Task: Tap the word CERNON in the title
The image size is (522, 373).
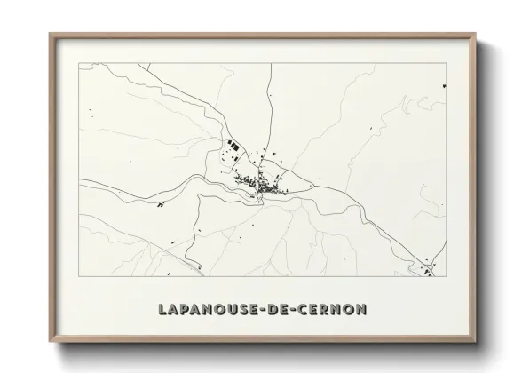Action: pyautogui.click(x=334, y=312)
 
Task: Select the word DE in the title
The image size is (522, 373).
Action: pyautogui.click(x=281, y=312)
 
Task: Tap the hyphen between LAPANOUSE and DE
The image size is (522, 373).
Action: pyautogui.click(x=264, y=312)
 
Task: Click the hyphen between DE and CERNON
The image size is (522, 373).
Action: pyautogui.click(x=297, y=312)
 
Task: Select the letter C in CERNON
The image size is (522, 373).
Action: pyautogui.click(x=307, y=312)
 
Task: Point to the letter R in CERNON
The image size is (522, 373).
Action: pyautogui.click(x=329, y=312)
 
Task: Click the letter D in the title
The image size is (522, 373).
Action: pyautogui.click(x=274, y=312)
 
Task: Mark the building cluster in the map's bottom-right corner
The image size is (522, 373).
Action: pyautogui.click(x=429, y=269)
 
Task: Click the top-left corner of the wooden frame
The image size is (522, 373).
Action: pyautogui.click(x=51, y=36)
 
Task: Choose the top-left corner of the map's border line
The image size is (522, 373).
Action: pyautogui.click(x=79, y=64)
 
